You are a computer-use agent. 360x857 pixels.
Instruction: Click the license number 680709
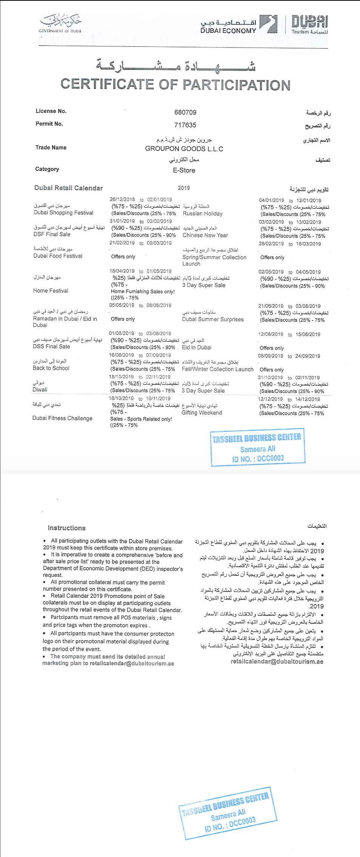tap(185, 113)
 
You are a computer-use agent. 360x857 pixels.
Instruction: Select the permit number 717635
tap(185, 125)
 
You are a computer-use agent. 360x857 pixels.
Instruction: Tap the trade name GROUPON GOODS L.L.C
tap(184, 149)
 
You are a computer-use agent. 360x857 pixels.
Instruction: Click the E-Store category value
tap(184, 170)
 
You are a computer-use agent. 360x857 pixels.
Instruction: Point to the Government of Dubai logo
tap(60, 23)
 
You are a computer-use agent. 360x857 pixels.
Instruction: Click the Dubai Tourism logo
tap(309, 25)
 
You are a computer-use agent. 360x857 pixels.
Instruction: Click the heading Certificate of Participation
tap(175, 85)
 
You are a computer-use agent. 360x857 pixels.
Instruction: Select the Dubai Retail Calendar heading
tap(68, 188)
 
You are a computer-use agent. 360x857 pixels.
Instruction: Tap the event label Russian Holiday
tap(202, 214)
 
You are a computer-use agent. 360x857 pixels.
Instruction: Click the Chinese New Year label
tap(205, 235)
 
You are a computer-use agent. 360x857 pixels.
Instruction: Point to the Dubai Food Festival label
tap(57, 256)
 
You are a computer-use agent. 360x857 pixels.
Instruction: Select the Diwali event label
tap(40, 390)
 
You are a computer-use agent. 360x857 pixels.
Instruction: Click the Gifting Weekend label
tap(202, 413)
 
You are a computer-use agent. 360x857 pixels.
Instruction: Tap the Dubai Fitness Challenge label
tap(62, 418)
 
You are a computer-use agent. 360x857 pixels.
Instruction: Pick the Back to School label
tap(51, 368)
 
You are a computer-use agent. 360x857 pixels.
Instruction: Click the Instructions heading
tap(66, 528)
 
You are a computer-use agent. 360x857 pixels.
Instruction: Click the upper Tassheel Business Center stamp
tap(257, 448)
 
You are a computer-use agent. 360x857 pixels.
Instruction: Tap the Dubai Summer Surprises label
tap(212, 319)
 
